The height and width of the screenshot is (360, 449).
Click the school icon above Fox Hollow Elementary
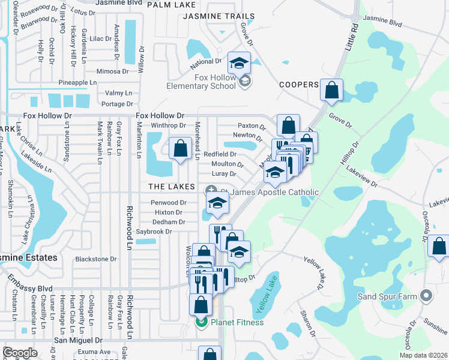click(239, 63)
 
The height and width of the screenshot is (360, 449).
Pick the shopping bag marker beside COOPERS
click(331, 91)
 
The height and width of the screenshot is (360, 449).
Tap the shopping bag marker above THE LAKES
click(179, 149)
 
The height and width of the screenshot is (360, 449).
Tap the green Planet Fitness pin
click(201, 323)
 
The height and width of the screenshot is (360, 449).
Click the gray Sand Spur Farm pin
click(426, 296)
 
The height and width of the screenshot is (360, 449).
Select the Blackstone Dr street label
click(96, 259)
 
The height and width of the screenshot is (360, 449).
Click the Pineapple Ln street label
click(77, 82)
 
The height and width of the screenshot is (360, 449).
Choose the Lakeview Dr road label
click(361, 178)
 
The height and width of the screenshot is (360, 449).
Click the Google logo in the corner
click(20, 353)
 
